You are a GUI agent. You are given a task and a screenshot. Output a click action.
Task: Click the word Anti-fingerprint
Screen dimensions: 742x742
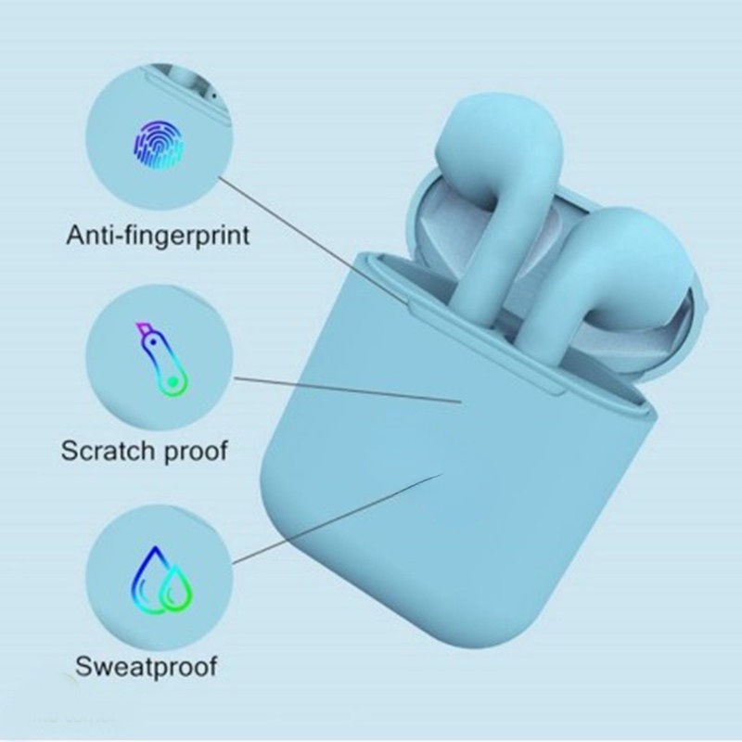[158, 234]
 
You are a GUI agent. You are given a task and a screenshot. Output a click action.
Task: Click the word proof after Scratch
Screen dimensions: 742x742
[193, 454]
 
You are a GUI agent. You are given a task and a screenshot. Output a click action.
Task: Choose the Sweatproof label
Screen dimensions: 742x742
[147, 665]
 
